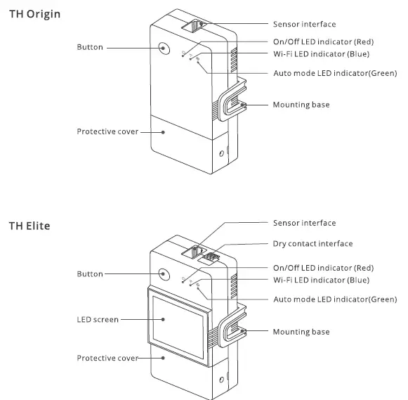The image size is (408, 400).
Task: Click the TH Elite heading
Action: coord(29,226)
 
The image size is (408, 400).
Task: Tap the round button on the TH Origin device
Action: coord(164,48)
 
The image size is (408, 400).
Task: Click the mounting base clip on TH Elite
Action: coord(232,330)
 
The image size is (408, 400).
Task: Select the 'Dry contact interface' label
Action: coord(312,244)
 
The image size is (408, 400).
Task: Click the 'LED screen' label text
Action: coord(97,319)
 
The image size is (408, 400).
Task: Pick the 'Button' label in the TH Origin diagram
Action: coord(90,47)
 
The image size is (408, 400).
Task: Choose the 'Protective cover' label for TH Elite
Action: coord(107,359)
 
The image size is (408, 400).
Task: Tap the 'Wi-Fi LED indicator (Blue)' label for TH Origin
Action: coord(320,53)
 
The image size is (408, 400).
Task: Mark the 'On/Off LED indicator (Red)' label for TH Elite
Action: coord(324,268)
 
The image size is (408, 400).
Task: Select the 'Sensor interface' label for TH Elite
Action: coord(304,223)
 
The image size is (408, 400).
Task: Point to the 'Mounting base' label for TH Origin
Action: coord(301,105)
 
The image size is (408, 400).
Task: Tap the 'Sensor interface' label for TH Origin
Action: coord(304,25)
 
